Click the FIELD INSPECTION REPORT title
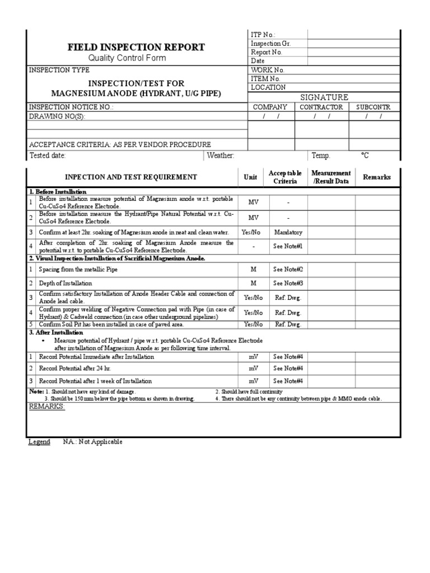pyautogui.click(x=137, y=47)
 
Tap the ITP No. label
pyautogui.click(x=263, y=35)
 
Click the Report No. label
pyautogui.click(x=267, y=52)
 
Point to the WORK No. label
pyautogui.click(x=268, y=70)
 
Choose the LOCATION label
pyautogui.click(x=268, y=87)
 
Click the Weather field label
pyautogui.click(x=221, y=156)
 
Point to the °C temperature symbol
pyautogui.click(x=365, y=156)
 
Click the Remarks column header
pyautogui.click(x=377, y=177)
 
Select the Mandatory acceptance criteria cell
pyautogui.click(x=288, y=232)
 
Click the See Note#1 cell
pyautogui.click(x=288, y=246)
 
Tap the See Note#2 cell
pyautogui.click(x=288, y=269)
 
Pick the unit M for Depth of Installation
pyautogui.click(x=254, y=283)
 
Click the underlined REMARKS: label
pyautogui.click(x=47, y=406)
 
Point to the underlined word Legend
pyautogui.click(x=39, y=442)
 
